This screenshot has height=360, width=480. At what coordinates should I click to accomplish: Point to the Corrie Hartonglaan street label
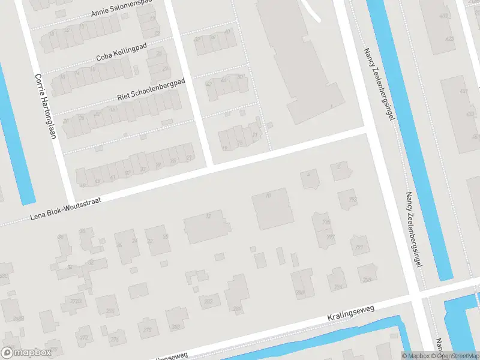(x=45, y=106)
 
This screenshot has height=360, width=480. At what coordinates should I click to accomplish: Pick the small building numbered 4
(x=308, y=176)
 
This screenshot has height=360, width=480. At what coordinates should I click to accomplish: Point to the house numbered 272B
(x=76, y=301)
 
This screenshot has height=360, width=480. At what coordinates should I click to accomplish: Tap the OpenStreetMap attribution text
(x=458, y=356)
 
